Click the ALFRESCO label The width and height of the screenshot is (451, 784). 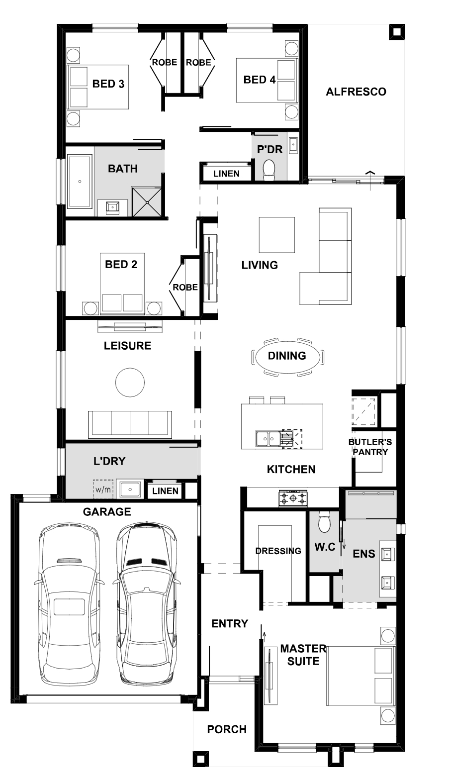pos(356,92)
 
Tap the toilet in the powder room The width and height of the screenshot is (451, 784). pos(269,170)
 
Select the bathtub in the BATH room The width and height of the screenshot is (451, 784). pos(80,181)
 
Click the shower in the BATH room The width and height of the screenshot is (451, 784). pos(147,202)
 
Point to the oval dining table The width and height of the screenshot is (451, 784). pos(287,357)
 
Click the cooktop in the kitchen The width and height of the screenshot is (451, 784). pos(293,497)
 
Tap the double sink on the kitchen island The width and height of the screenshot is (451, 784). pos(268,438)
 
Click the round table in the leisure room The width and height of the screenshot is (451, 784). pos(130,382)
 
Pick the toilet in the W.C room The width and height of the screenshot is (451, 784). pos(324,522)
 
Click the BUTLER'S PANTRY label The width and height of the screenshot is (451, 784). pos(370,447)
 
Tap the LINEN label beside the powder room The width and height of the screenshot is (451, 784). pos(226,174)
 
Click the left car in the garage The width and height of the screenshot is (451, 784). pos(69,604)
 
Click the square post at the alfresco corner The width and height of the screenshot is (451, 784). pos(397,32)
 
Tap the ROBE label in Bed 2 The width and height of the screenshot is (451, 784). pos(185,288)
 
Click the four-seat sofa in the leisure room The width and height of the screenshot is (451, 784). pos(130,424)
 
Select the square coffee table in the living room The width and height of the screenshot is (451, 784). pos(277,235)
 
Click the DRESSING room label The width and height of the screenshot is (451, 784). pos(278,551)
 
